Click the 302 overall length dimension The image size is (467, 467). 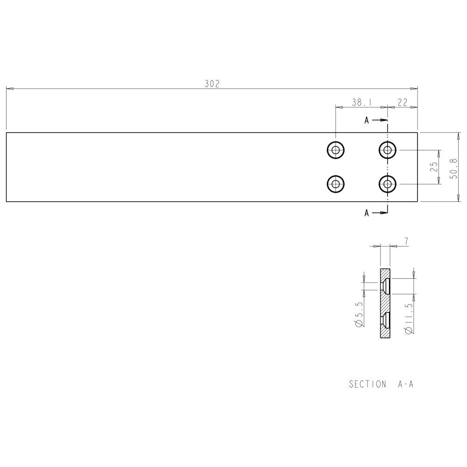point(212,84)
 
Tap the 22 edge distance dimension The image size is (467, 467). point(403,102)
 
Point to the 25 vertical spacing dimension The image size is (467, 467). point(434,167)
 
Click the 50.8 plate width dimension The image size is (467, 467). point(453,167)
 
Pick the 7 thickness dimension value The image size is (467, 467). point(406,241)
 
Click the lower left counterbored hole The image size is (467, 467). point(335,184)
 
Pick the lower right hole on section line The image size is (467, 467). point(387,184)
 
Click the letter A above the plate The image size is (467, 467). point(367,120)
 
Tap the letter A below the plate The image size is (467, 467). point(367,213)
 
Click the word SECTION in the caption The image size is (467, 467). point(368,384)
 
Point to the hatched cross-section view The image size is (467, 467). point(385,304)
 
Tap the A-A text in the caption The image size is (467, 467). point(406,384)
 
